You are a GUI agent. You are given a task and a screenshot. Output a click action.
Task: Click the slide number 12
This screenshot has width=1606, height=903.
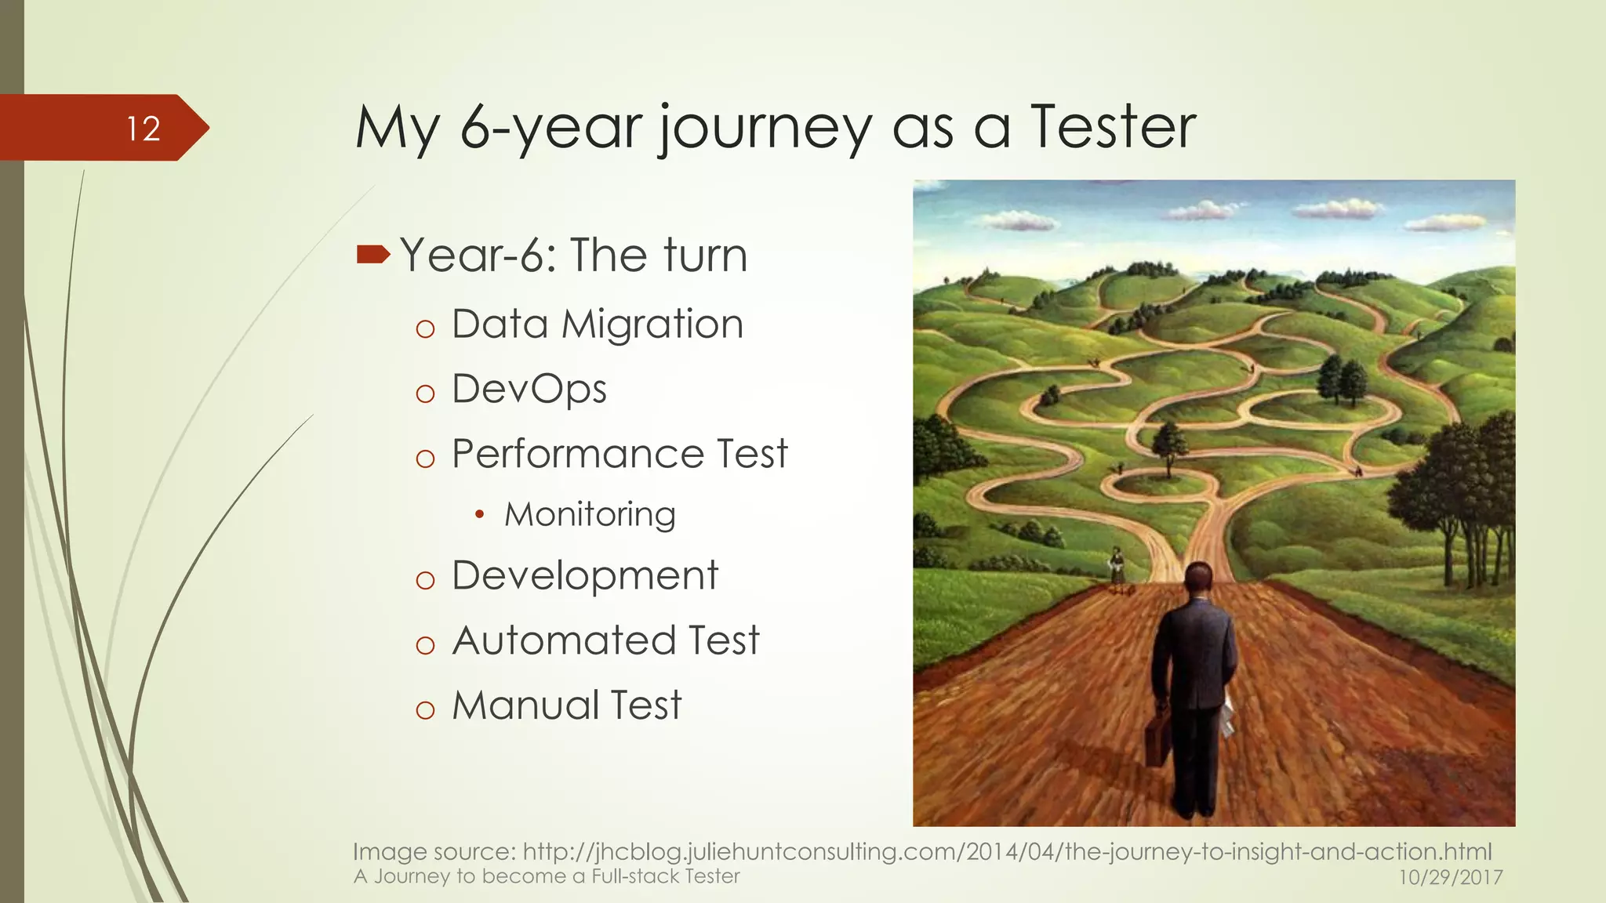point(144,129)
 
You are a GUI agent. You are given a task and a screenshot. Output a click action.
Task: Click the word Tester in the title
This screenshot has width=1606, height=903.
point(1114,127)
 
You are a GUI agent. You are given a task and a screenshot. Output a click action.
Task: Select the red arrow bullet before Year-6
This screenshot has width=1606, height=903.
point(372,254)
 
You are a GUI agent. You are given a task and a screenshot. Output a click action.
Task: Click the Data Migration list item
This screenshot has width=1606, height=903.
point(598,324)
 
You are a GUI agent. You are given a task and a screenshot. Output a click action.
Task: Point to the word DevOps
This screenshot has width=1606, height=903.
point(529,389)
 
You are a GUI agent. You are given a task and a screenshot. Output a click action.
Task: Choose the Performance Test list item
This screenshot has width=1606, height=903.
point(620,454)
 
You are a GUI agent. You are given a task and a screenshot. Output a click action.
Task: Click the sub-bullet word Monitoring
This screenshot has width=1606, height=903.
point(590,514)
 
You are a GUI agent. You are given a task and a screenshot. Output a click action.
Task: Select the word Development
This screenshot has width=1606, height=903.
point(585,575)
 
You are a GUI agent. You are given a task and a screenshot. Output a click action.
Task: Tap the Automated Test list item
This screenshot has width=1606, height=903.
point(605,640)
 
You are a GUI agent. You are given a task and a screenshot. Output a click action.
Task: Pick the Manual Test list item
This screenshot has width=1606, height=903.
point(566,705)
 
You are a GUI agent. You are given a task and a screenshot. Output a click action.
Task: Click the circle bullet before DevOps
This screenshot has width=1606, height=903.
point(425,393)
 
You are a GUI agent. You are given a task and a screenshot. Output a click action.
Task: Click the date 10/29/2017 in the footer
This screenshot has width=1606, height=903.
point(1451,877)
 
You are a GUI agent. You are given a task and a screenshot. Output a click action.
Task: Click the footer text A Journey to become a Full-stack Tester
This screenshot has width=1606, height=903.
point(547,876)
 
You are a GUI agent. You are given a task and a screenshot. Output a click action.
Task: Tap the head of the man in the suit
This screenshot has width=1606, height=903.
point(1198,580)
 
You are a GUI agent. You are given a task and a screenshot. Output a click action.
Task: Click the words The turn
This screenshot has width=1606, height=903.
point(659,256)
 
